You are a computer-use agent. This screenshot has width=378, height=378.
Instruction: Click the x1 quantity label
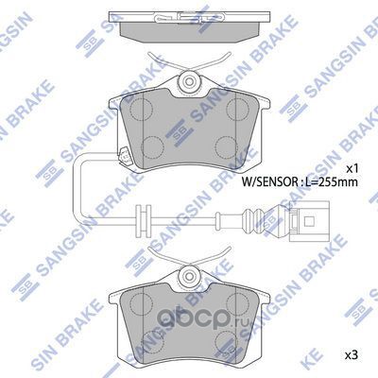pyautogui.click(x=352, y=167)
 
